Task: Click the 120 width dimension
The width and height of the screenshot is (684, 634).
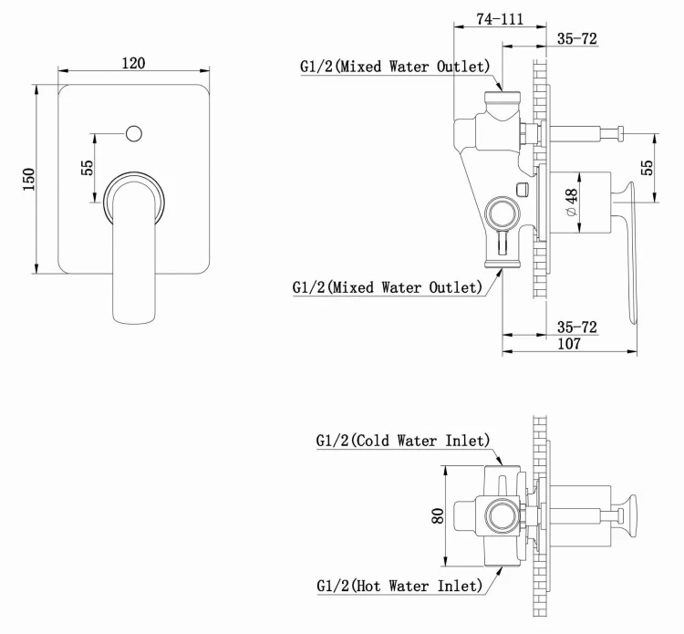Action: (133, 63)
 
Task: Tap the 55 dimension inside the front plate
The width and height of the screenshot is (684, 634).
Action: (88, 169)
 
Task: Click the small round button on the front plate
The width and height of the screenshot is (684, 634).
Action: (134, 134)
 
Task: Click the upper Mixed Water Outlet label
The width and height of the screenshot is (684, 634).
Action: (394, 67)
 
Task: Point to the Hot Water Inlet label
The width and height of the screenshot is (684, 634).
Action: (399, 586)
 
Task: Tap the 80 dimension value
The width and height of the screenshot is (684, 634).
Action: (438, 515)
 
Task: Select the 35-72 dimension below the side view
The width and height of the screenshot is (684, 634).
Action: (577, 326)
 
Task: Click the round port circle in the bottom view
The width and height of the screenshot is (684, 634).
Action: (500, 517)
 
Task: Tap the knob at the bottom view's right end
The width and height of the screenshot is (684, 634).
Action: (628, 517)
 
